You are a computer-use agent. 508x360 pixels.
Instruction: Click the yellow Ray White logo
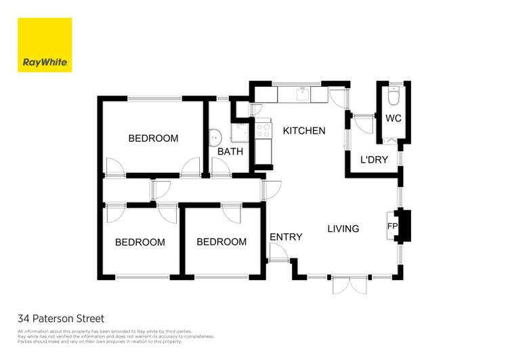pyautogui.click(x=45, y=45)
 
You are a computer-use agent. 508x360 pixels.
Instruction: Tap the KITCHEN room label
pyautogui.click(x=304, y=131)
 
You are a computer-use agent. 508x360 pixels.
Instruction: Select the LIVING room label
pyautogui.click(x=343, y=228)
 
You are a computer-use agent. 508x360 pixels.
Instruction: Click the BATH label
pyautogui.click(x=230, y=151)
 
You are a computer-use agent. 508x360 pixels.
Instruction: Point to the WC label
pyautogui.click(x=394, y=119)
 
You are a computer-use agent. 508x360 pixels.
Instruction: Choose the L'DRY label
pyautogui.click(x=374, y=159)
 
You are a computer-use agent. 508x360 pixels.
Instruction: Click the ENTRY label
pyautogui.click(x=286, y=237)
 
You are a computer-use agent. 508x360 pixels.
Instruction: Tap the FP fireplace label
pyautogui.click(x=392, y=226)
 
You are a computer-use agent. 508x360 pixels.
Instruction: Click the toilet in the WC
pyautogui.click(x=394, y=96)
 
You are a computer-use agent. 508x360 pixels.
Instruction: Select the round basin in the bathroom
pyautogui.click(x=215, y=138)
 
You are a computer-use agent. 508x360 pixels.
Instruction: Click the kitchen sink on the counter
pyautogui.click(x=303, y=95)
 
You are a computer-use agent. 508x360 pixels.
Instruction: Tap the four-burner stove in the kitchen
pyautogui.click(x=263, y=129)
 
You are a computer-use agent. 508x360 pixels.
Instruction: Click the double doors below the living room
pyautogui.click(x=350, y=285)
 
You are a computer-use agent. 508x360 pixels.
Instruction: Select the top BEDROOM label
pyautogui.click(x=153, y=138)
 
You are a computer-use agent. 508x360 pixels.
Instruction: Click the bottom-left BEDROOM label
pyautogui.click(x=140, y=242)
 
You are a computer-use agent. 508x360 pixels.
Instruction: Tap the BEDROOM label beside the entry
pyautogui.click(x=221, y=241)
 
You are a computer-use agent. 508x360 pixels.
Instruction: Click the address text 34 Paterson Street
pyautogui.click(x=61, y=319)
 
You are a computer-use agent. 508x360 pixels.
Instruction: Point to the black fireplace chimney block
pyautogui.click(x=404, y=226)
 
